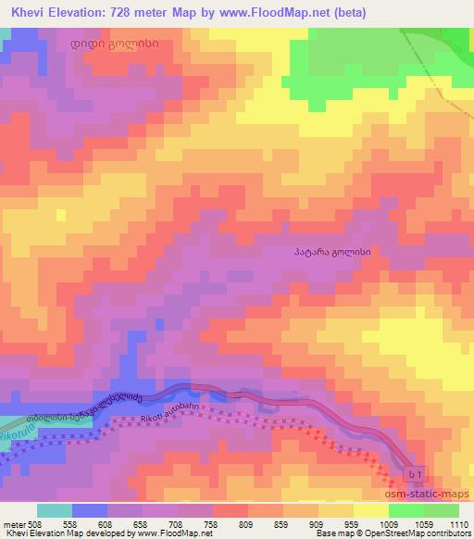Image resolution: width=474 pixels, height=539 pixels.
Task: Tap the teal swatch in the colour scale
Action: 55,509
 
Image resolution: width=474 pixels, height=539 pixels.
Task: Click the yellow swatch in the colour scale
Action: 371,509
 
